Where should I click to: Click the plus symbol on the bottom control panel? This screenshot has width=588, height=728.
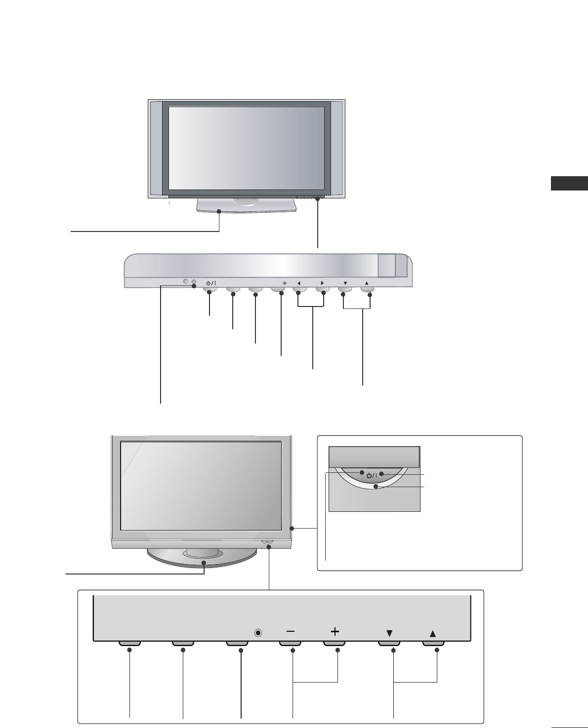coord(335,631)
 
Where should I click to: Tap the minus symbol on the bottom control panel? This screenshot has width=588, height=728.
coord(291,631)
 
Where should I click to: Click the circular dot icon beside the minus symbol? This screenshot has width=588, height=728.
coord(258,633)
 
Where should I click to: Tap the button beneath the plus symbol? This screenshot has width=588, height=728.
coord(335,644)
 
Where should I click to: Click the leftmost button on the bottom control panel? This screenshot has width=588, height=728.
coord(130,644)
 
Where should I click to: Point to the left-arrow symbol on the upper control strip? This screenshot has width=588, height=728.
coord(299,283)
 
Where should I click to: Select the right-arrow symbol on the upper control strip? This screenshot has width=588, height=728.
coord(322,283)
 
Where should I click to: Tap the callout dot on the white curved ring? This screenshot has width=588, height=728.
coord(376,487)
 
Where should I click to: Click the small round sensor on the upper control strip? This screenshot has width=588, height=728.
coord(186,282)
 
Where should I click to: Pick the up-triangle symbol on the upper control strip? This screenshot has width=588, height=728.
coord(367,283)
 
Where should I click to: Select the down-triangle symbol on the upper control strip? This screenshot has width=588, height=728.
coord(345,283)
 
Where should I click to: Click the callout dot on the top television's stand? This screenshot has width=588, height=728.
coord(219,211)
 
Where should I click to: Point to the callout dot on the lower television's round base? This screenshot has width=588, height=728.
coord(205,562)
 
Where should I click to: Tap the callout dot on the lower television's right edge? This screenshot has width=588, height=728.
coord(292,529)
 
